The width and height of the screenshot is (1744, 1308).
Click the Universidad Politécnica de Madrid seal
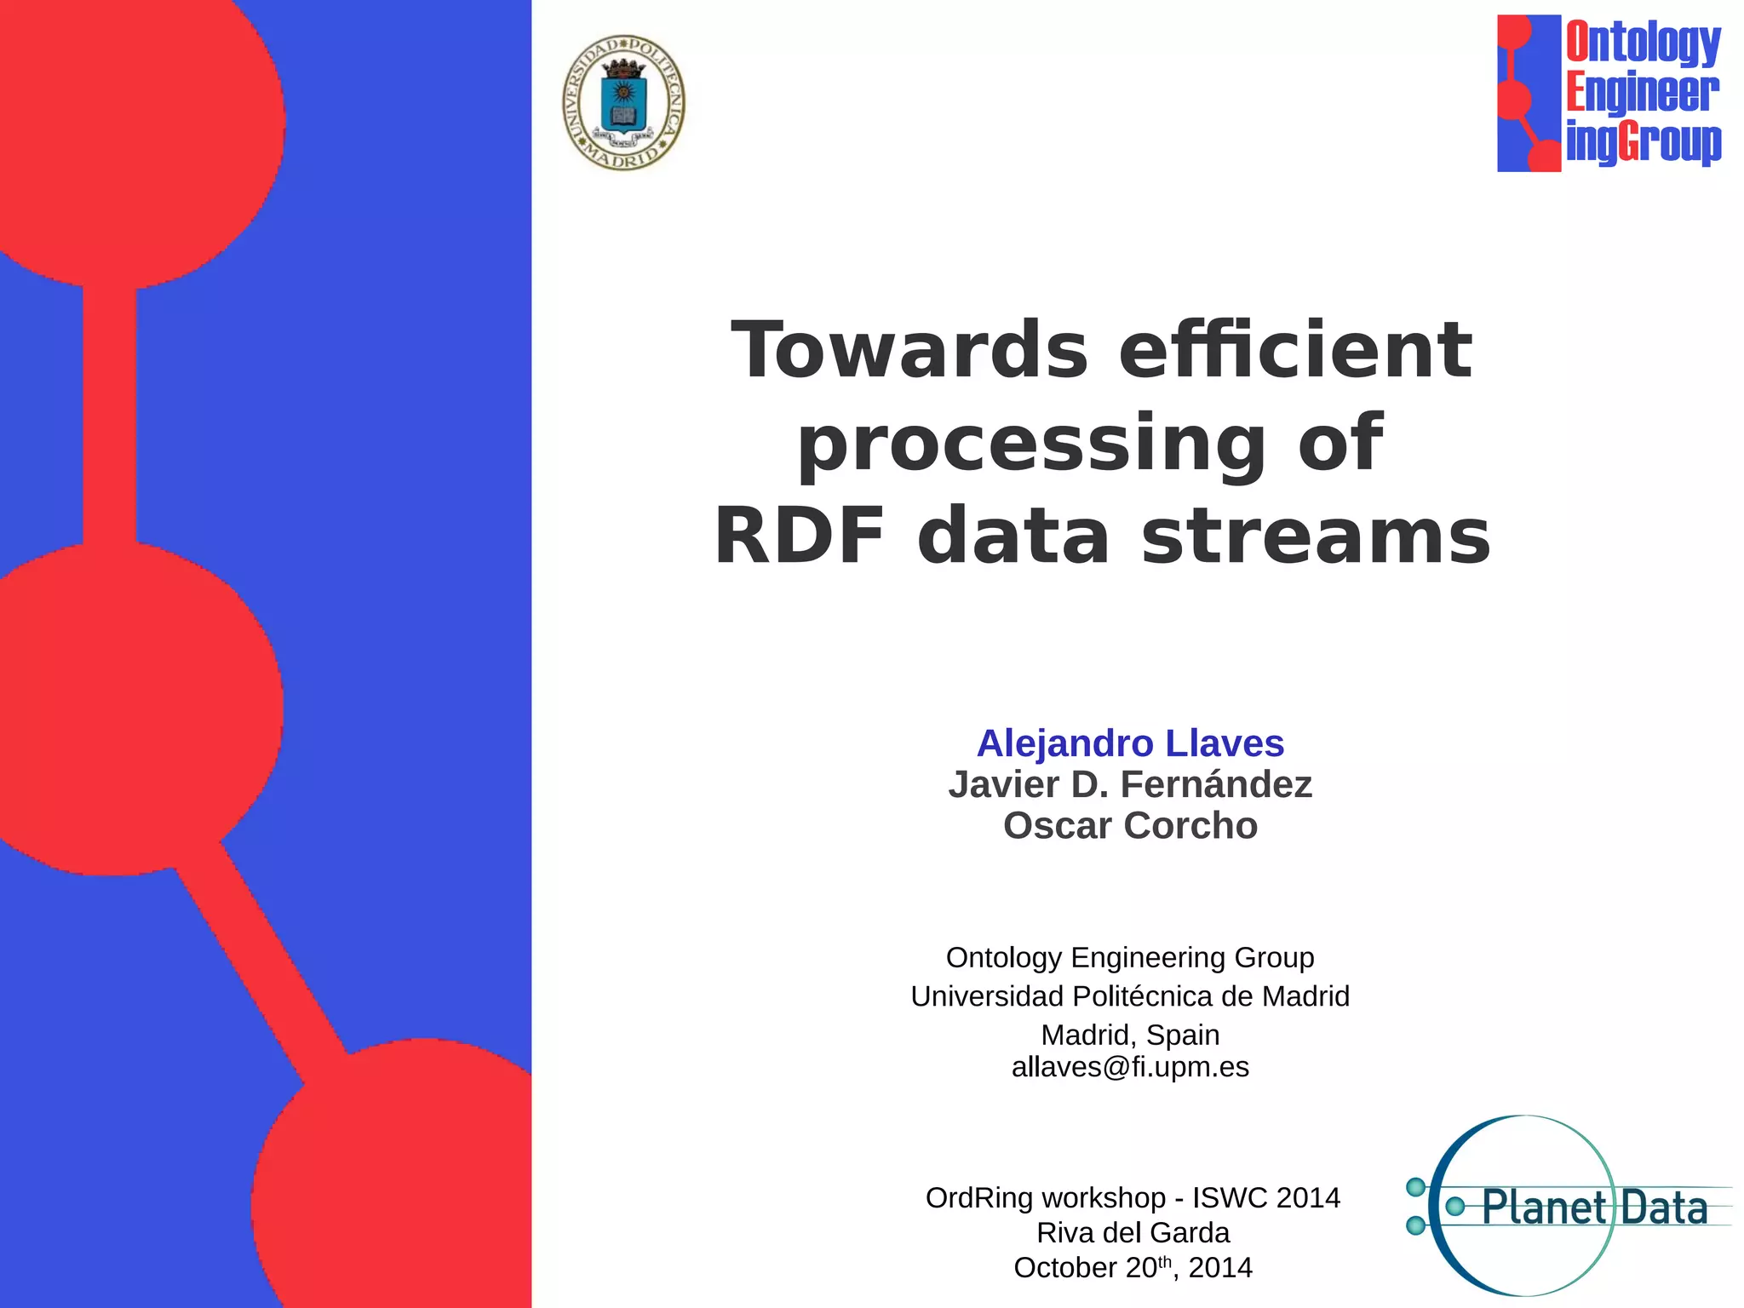click(624, 103)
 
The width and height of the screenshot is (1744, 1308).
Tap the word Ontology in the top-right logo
click(1643, 43)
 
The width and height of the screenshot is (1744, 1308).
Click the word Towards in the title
click(909, 350)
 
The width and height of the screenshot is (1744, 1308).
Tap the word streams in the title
click(1316, 537)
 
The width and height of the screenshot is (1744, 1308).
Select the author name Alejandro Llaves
click(1130, 743)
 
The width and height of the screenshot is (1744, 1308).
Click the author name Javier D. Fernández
click(1130, 784)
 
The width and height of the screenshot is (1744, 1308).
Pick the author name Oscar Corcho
click(1130, 826)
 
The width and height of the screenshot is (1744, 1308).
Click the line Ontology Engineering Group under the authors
click(1130, 957)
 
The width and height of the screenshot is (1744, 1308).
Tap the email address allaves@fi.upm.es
click(1130, 1067)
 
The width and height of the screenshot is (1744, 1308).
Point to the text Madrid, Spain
click(1130, 1035)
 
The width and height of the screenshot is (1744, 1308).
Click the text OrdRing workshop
click(1045, 1198)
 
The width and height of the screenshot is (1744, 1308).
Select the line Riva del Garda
click(1133, 1233)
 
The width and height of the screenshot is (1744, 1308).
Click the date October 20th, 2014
click(1133, 1268)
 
